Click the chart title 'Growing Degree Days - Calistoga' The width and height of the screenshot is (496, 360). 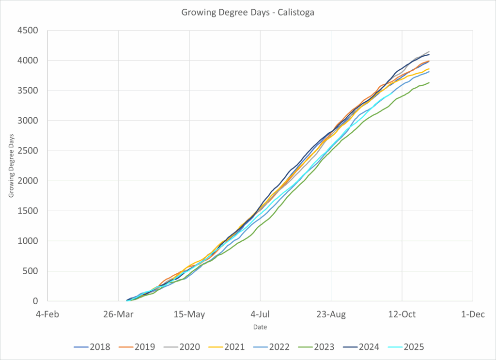(x=248, y=13)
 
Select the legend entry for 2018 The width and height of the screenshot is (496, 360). (x=92, y=347)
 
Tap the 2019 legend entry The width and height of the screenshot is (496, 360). (x=137, y=347)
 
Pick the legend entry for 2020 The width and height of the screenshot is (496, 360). (x=182, y=347)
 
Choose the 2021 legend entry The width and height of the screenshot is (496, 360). (x=226, y=347)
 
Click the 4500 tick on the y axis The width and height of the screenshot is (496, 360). (x=28, y=31)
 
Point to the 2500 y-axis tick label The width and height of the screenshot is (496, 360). (x=28, y=151)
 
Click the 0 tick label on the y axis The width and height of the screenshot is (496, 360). (x=36, y=301)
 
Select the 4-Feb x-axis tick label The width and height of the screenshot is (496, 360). (x=48, y=314)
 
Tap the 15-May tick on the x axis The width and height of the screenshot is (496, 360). (x=189, y=314)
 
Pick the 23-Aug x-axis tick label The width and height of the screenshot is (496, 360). (x=331, y=314)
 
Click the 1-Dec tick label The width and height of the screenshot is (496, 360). (x=473, y=314)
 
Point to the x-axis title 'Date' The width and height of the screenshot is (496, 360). (x=260, y=327)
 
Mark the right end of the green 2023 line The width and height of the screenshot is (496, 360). (x=429, y=82)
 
